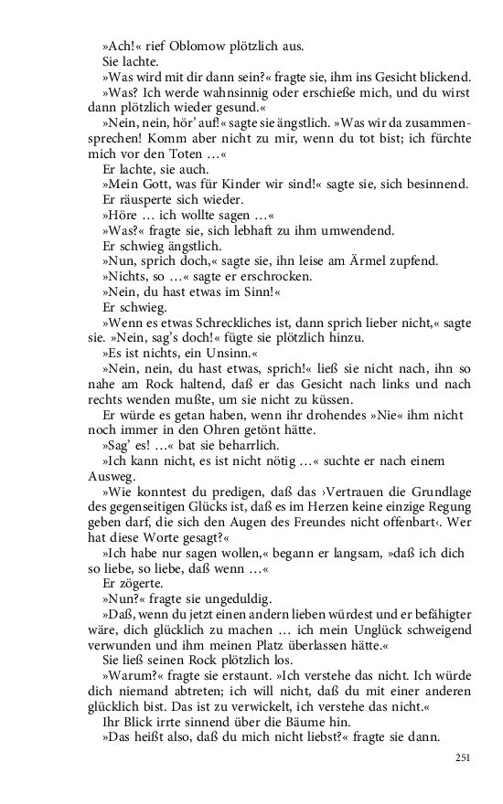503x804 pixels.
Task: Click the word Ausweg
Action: point(112,477)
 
